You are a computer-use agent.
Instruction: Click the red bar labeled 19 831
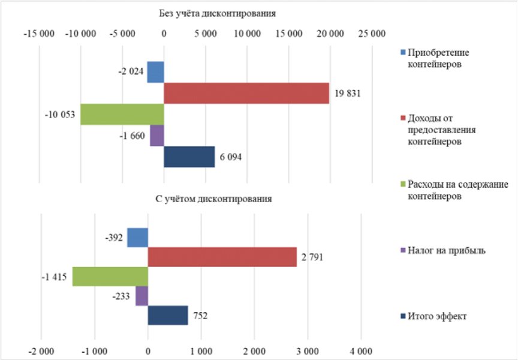pyautogui.click(x=246, y=93)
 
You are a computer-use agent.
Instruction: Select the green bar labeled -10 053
pyautogui.click(x=122, y=115)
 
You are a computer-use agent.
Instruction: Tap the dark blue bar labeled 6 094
pyautogui.click(x=189, y=157)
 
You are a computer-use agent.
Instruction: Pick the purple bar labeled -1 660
pyautogui.click(x=157, y=136)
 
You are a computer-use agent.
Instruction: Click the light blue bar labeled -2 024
pyautogui.click(x=156, y=72)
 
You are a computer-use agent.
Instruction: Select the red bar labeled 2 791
pyautogui.click(x=222, y=257)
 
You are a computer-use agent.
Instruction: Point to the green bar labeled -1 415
pyautogui.click(x=110, y=277)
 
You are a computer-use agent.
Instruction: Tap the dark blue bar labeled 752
pyautogui.click(x=168, y=316)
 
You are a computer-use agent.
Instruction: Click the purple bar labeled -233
pyautogui.click(x=141, y=296)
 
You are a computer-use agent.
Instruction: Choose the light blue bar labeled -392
pyautogui.click(x=138, y=238)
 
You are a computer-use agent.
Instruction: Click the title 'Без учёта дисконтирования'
pyautogui.click(x=218, y=14)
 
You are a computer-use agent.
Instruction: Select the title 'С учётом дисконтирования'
pyautogui.click(x=214, y=199)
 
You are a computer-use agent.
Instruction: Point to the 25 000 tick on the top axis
pyautogui.click(x=372, y=34)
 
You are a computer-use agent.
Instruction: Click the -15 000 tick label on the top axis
pyautogui.click(x=39, y=34)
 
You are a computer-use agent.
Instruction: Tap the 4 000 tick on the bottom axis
pyautogui.click(x=361, y=352)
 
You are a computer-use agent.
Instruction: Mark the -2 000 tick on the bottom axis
pyautogui.click(x=41, y=352)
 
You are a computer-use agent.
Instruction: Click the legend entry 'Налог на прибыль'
pyautogui.click(x=443, y=251)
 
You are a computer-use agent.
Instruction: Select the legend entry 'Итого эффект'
pyautogui.click(x=433, y=316)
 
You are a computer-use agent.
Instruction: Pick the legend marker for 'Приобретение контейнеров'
pyautogui.click(x=403, y=52)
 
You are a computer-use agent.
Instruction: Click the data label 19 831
pyautogui.click(x=348, y=94)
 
